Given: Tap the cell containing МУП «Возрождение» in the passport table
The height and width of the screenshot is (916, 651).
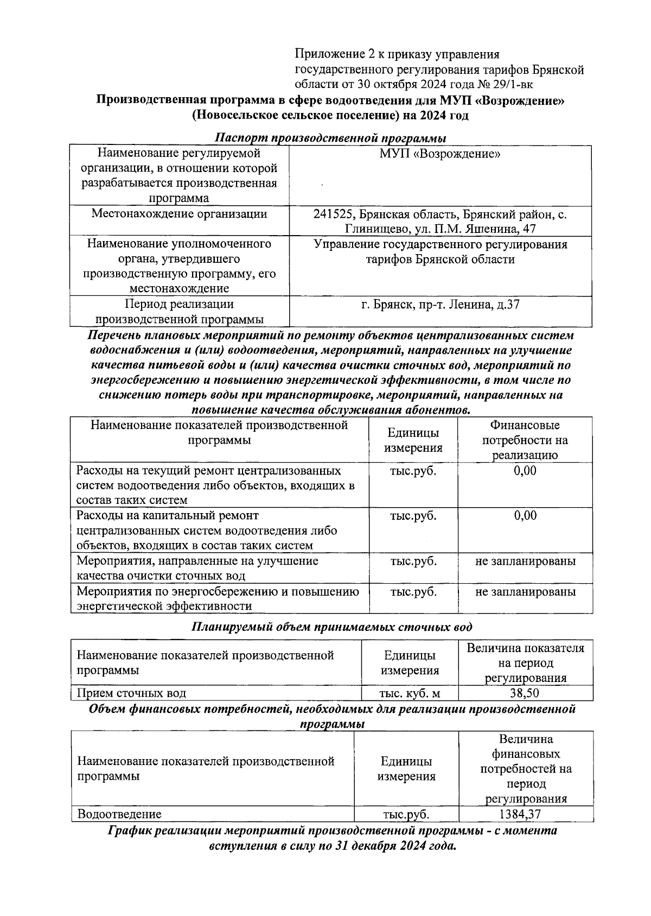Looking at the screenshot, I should [440, 154].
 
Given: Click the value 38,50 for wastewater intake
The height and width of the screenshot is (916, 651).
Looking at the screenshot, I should [525, 693].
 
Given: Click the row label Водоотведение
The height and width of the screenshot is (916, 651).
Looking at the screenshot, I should [119, 814].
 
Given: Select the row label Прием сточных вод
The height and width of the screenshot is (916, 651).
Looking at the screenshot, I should [131, 693].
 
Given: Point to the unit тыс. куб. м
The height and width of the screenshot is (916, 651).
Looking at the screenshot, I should [410, 693].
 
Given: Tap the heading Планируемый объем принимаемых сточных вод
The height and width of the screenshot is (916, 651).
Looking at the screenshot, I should [332, 627].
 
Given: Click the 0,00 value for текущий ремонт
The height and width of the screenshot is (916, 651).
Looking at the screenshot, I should [525, 470].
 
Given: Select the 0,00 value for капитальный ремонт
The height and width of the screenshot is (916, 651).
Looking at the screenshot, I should [525, 515].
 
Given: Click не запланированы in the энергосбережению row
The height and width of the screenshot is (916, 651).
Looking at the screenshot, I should [525, 591].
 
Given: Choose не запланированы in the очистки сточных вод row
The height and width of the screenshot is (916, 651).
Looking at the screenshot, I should [525, 561].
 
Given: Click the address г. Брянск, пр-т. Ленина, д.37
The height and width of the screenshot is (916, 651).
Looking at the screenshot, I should [440, 304].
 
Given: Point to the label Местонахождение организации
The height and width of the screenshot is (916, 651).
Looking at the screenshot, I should [179, 214].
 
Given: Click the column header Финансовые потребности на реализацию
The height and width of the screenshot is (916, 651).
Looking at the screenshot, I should [525, 440].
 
